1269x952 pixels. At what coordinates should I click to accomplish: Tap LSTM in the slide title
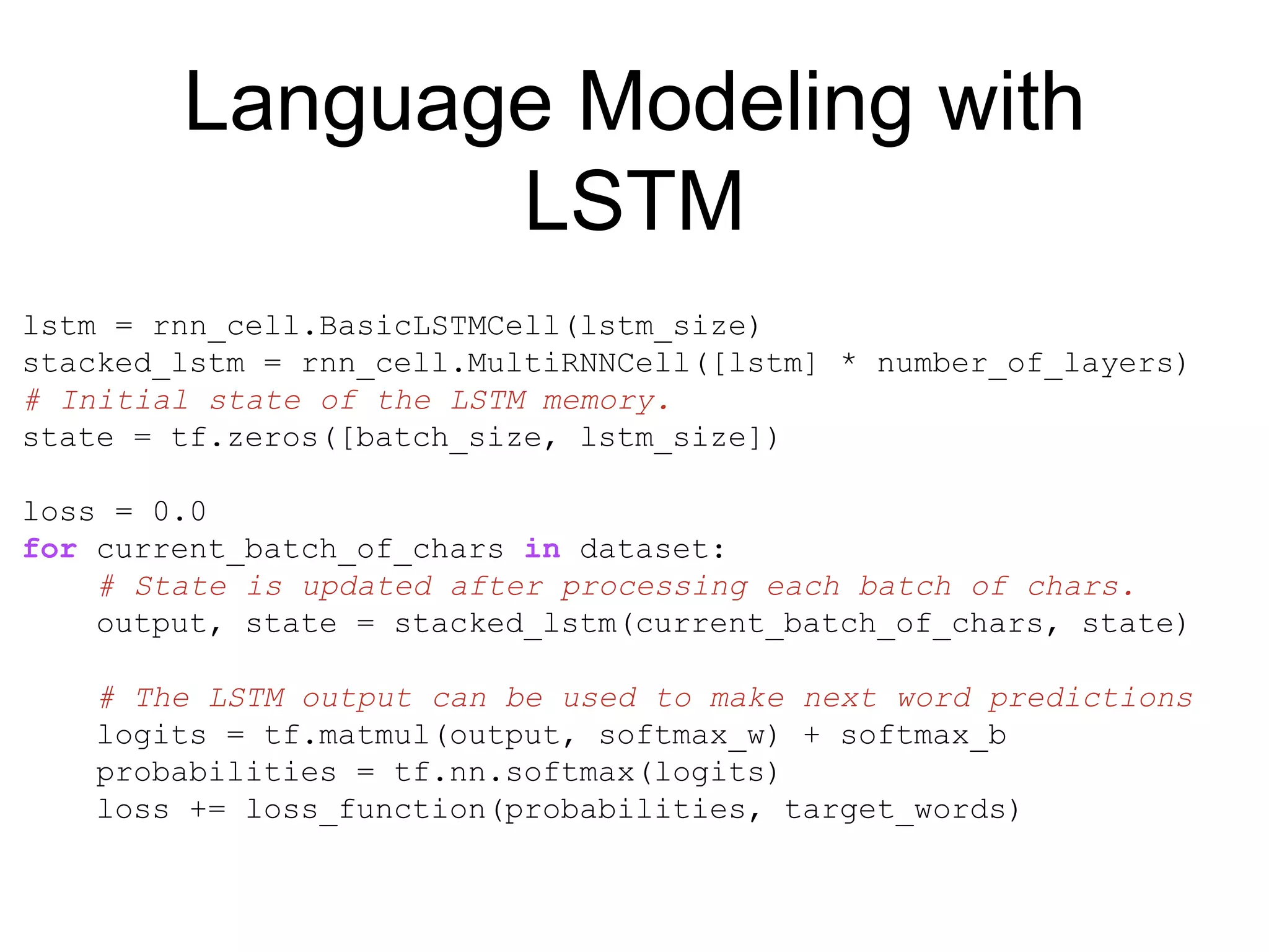(x=634, y=201)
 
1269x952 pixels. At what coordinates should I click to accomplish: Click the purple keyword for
(x=50, y=549)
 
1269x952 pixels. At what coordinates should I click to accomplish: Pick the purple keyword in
(x=542, y=549)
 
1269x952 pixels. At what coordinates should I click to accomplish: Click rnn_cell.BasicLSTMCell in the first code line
(x=356, y=327)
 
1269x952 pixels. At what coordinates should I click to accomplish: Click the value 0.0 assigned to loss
(x=180, y=512)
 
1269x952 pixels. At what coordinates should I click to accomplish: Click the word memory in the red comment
(x=599, y=401)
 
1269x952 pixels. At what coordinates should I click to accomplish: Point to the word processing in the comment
(x=654, y=587)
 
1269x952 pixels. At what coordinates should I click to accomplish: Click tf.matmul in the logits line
(x=346, y=736)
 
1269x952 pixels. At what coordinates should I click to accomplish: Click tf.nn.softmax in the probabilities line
(x=514, y=773)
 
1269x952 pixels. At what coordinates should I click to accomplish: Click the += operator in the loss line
(x=208, y=810)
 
